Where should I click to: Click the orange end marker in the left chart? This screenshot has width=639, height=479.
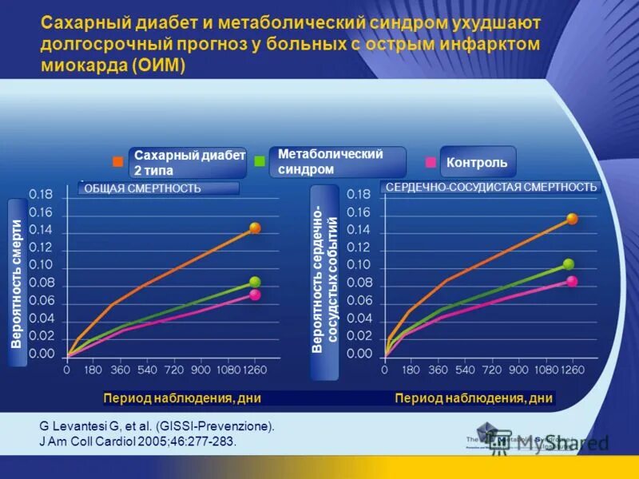tap(255, 228)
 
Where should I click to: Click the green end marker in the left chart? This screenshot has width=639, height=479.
tap(255, 282)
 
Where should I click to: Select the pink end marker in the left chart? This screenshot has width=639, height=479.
tap(255, 295)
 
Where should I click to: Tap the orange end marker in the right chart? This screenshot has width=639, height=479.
tap(572, 218)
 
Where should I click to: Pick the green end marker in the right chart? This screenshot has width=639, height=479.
tap(569, 264)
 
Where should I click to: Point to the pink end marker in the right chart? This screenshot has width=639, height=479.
tap(572, 281)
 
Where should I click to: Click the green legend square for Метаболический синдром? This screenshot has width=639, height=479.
tap(259, 161)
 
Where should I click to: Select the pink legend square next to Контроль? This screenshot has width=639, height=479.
tap(431, 162)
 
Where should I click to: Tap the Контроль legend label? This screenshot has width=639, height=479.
tap(477, 162)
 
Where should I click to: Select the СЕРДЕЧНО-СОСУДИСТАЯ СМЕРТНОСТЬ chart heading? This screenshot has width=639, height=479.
tap(491, 187)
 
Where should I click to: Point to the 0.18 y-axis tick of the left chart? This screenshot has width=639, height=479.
tap(42, 194)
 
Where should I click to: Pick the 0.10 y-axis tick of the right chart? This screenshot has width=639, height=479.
tap(359, 264)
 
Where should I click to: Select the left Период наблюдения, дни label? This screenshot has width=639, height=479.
tap(182, 398)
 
